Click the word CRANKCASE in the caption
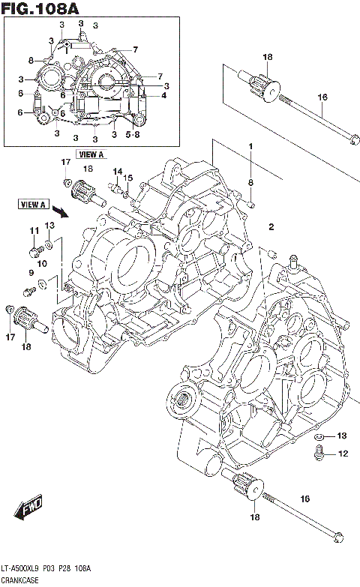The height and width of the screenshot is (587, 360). pos(22,580)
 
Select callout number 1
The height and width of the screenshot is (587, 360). pos(251,146)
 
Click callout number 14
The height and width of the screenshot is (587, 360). pos(116,172)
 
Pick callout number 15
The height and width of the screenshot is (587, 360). pos(127,178)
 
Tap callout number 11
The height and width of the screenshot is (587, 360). pos(33,230)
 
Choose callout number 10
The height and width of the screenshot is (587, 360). pos(43,263)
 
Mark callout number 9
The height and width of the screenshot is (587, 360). pos(31,273)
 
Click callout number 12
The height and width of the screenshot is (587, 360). pos(342,453)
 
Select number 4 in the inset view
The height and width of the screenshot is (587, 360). pos(163,95)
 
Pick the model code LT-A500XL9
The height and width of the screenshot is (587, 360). pos(23,569)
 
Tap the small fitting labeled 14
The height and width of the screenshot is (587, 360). pos(116,188)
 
